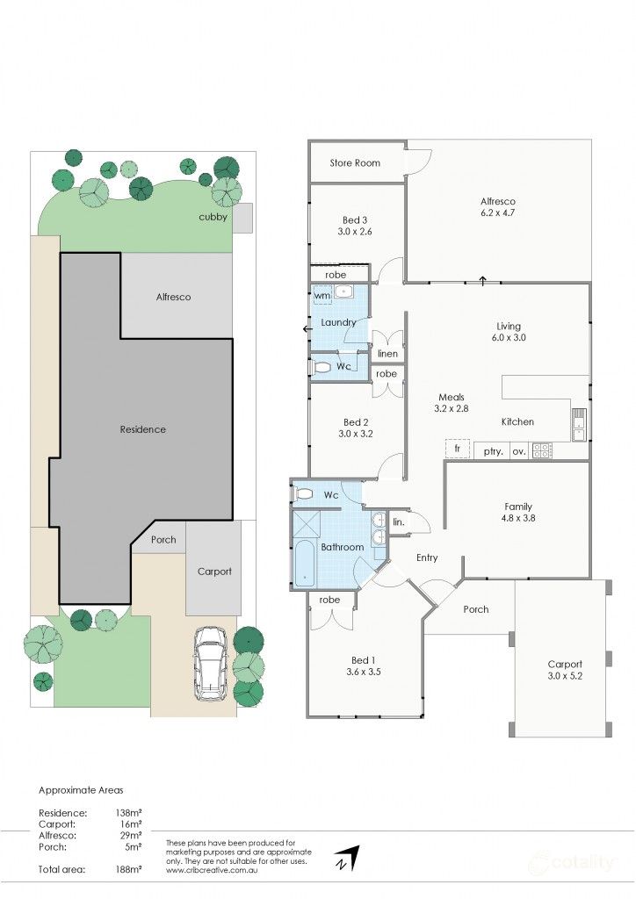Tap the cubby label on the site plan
pos(213,217)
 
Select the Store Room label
pos(355,162)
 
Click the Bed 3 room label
pos(356,227)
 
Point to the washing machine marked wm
pos(322,296)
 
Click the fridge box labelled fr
pos(457,449)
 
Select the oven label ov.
pos(518,451)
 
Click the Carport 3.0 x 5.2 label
pos(564,671)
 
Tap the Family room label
pos(517,513)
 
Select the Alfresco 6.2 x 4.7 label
pos(497,207)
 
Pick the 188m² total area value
pos(129,869)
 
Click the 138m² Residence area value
pos(129,813)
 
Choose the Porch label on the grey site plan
pos(163,540)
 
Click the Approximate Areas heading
pos(80,789)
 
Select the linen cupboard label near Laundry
pos(387,354)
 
